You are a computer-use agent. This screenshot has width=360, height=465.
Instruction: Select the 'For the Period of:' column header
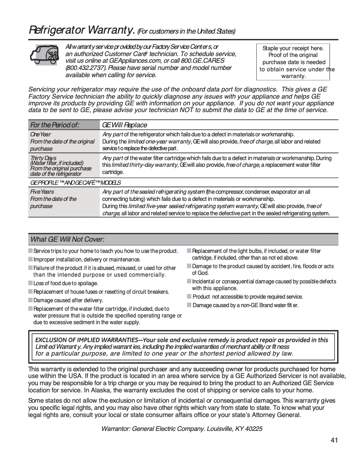click(x=54, y=125)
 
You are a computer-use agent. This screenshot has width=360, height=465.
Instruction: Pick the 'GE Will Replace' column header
click(x=124, y=125)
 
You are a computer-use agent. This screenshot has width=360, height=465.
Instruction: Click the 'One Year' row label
click(x=40, y=134)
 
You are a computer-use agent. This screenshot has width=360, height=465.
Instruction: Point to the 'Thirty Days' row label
click(x=43, y=158)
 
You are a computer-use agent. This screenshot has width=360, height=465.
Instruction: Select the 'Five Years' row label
click(x=42, y=191)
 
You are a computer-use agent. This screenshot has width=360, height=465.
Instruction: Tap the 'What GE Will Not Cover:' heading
click(x=67, y=239)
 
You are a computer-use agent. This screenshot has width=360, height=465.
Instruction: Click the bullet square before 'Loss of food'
click(x=31, y=283)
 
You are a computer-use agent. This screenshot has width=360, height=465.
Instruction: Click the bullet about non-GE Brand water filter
click(x=245, y=305)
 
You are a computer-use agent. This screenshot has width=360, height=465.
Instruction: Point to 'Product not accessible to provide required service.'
click(x=247, y=297)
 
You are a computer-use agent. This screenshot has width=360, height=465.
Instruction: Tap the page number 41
click(x=334, y=440)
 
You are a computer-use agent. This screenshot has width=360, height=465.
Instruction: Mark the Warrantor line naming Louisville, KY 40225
click(x=182, y=429)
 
